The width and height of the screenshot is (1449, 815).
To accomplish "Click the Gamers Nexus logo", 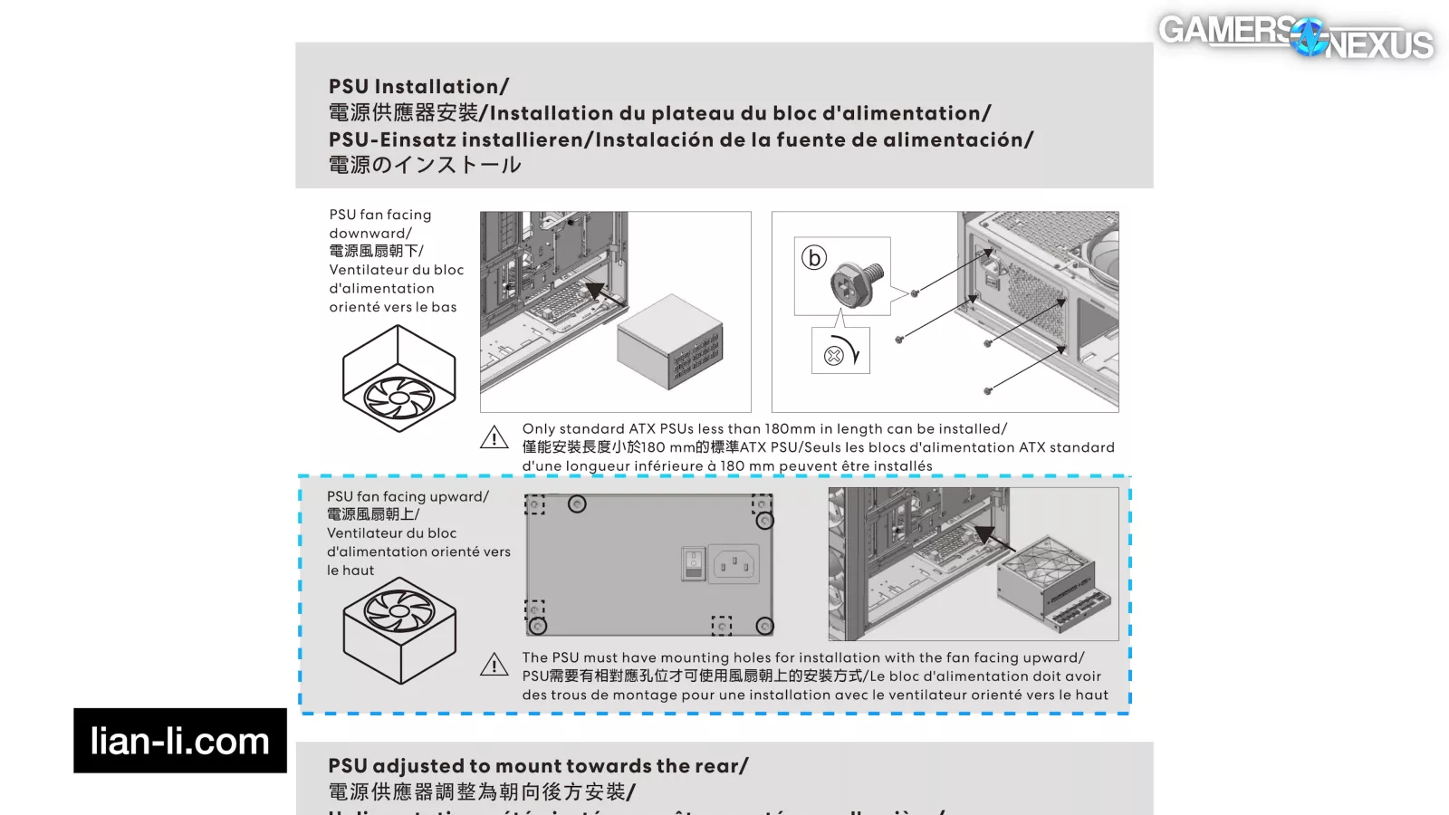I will click(1295, 36).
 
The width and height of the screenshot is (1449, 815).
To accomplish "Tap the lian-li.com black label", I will click(180, 741).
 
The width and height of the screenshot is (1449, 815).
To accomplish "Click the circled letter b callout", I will click(814, 258).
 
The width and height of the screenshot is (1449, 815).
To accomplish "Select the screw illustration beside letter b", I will click(856, 281).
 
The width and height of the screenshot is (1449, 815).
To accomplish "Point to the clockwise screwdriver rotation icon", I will click(841, 352).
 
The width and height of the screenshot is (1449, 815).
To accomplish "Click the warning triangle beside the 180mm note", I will click(494, 438).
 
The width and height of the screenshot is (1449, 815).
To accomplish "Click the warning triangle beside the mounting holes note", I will click(494, 666).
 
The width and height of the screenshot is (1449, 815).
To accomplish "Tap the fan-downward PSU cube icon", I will click(398, 379).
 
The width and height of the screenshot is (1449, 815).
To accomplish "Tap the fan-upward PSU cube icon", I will click(399, 628).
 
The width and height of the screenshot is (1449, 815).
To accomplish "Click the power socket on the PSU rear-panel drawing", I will click(734, 565).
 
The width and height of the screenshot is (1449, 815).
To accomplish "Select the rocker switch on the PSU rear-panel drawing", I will click(693, 563).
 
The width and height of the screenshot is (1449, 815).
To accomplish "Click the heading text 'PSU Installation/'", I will click(418, 87).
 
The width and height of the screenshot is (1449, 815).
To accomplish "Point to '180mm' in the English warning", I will click(790, 429).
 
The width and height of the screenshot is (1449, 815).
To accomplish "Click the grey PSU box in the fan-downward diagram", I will click(669, 342).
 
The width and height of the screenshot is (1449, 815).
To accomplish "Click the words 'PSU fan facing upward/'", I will click(408, 497).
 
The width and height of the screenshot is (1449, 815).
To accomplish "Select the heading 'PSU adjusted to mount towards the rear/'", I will click(538, 766).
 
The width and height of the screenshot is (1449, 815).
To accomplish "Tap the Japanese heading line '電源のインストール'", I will click(425, 165).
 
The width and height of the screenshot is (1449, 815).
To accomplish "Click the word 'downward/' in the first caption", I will click(369, 234).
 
